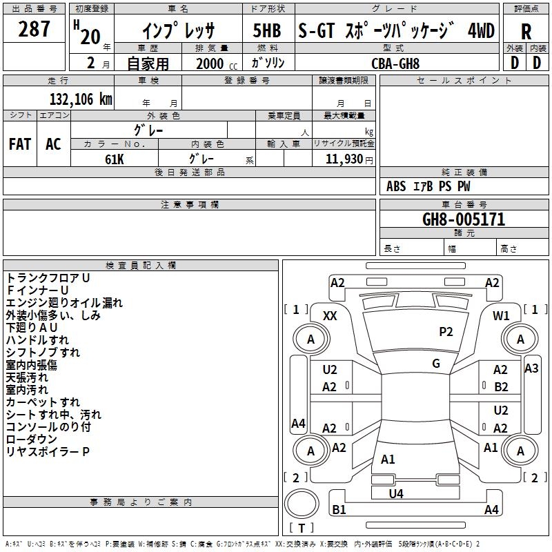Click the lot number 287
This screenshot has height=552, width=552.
click(34, 30)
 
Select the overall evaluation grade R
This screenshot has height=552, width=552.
click(526, 31)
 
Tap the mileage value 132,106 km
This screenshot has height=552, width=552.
click(81, 99)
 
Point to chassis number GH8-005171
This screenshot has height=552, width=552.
click(464, 219)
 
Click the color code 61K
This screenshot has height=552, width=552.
click(115, 159)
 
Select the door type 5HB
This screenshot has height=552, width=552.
click(266, 31)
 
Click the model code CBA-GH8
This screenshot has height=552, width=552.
click(395, 63)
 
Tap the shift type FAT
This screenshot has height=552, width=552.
click(20, 144)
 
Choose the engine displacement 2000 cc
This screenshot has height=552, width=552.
click(211, 63)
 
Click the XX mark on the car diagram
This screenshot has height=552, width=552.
click(331, 315)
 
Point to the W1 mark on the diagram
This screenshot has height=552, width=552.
click(501, 315)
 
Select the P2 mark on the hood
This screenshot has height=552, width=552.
click(446, 332)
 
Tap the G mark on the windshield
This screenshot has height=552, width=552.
click(436, 364)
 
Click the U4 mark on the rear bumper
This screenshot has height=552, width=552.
click(396, 493)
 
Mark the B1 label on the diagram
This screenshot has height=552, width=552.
click(339, 510)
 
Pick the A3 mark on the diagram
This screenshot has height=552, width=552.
click(531, 368)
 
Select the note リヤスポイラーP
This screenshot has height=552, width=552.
click(48, 452)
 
